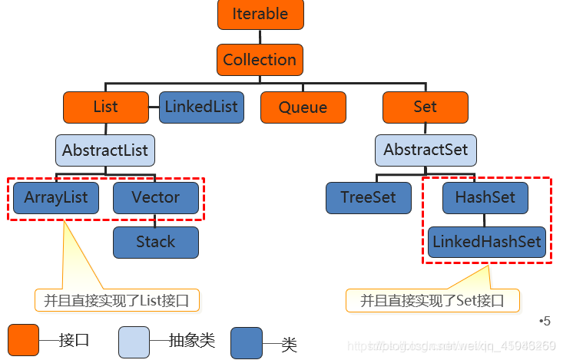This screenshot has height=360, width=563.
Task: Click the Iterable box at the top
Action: point(260,15)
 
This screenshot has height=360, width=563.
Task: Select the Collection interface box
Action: point(260,60)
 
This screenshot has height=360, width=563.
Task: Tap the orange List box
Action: point(105,107)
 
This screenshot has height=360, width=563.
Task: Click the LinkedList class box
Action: point(201,107)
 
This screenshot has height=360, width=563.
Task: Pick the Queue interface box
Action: point(303,107)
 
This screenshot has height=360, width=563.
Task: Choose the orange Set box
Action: point(425,107)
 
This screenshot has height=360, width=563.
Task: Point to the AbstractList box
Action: point(105,150)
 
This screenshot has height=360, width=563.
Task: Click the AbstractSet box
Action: point(426,150)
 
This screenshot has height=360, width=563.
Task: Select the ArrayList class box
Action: point(56,198)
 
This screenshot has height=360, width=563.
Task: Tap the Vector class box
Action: point(155,198)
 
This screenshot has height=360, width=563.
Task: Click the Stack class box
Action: point(155,242)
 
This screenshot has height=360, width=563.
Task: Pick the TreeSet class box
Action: point(369,198)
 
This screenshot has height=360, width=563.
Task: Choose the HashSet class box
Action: point(485,198)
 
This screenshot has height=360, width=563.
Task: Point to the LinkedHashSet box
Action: point(487,242)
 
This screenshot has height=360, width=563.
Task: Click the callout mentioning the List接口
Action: point(117,300)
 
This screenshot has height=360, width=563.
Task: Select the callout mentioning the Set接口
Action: point(432,300)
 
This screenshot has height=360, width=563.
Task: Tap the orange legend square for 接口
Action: point(24,340)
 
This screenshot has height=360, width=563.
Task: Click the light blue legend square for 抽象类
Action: point(134,342)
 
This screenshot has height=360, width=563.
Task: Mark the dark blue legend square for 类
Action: point(247,343)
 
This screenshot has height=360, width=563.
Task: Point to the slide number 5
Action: point(545,321)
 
